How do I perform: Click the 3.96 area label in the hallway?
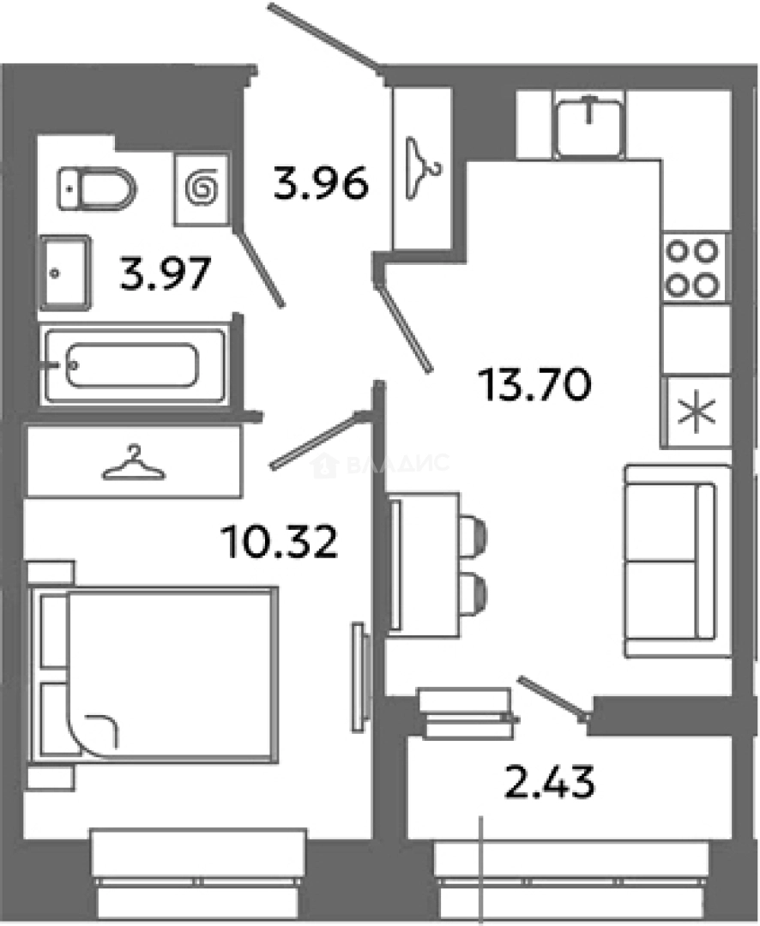point(321,183)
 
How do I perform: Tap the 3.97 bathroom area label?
point(165,274)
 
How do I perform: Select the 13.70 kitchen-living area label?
point(535,384)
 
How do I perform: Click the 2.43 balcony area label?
point(550,781)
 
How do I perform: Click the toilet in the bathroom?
point(97,189)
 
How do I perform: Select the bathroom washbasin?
point(65,273)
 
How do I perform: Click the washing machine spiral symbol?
point(202,189)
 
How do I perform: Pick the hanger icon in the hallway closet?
point(421,168)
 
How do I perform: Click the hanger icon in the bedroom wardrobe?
point(134,462)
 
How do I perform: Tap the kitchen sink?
point(590,127)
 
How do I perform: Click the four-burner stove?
point(693,268)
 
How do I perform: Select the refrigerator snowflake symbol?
point(697,412)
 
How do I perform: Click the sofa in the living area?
point(678,561)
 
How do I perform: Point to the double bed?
point(153,675)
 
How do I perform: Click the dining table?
point(423,564)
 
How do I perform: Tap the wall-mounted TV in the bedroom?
point(360,677)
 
